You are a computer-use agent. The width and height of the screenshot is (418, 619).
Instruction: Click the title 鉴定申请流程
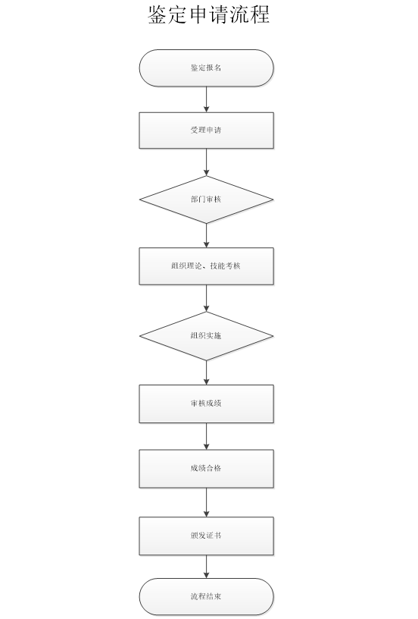(x=209, y=14)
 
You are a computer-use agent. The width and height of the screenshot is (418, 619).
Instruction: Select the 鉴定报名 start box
(x=206, y=68)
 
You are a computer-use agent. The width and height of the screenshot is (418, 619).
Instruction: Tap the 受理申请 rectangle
(x=206, y=130)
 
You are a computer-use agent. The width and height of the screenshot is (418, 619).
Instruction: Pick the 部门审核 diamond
(x=206, y=200)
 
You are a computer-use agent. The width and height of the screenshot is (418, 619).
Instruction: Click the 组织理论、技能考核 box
(x=206, y=266)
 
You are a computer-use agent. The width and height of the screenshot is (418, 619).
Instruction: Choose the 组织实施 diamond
(x=206, y=336)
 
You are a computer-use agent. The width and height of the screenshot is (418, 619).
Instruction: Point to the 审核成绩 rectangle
(x=206, y=404)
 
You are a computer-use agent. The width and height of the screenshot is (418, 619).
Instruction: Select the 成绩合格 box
(x=206, y=469)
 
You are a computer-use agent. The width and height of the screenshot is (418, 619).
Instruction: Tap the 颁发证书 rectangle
(x=206, y=536)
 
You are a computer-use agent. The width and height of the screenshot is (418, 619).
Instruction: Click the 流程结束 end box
(x=206, y=596)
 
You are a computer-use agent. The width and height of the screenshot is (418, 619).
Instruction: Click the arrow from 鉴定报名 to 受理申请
(x=206, y=99)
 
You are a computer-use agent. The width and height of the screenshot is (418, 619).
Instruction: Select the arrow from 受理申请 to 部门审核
(x=206, y=162)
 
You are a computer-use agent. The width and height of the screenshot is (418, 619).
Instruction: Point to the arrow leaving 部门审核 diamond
(x=206, y=236)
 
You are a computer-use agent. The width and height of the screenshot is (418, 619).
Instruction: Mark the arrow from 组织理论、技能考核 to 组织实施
(x=206, y=298)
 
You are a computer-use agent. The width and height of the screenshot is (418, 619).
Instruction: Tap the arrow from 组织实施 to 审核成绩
(x=206, y=372)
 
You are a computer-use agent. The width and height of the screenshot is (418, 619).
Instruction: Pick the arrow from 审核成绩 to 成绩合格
(x=206, y=436)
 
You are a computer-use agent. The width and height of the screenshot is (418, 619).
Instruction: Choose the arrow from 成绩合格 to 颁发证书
(x=206, y=502)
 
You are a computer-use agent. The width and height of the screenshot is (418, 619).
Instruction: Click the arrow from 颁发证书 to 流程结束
(x=206, y=567)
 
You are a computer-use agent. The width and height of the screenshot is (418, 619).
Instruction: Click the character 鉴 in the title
(x=158, y=14)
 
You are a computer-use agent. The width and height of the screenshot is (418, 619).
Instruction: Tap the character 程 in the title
(x=260, y=14)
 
